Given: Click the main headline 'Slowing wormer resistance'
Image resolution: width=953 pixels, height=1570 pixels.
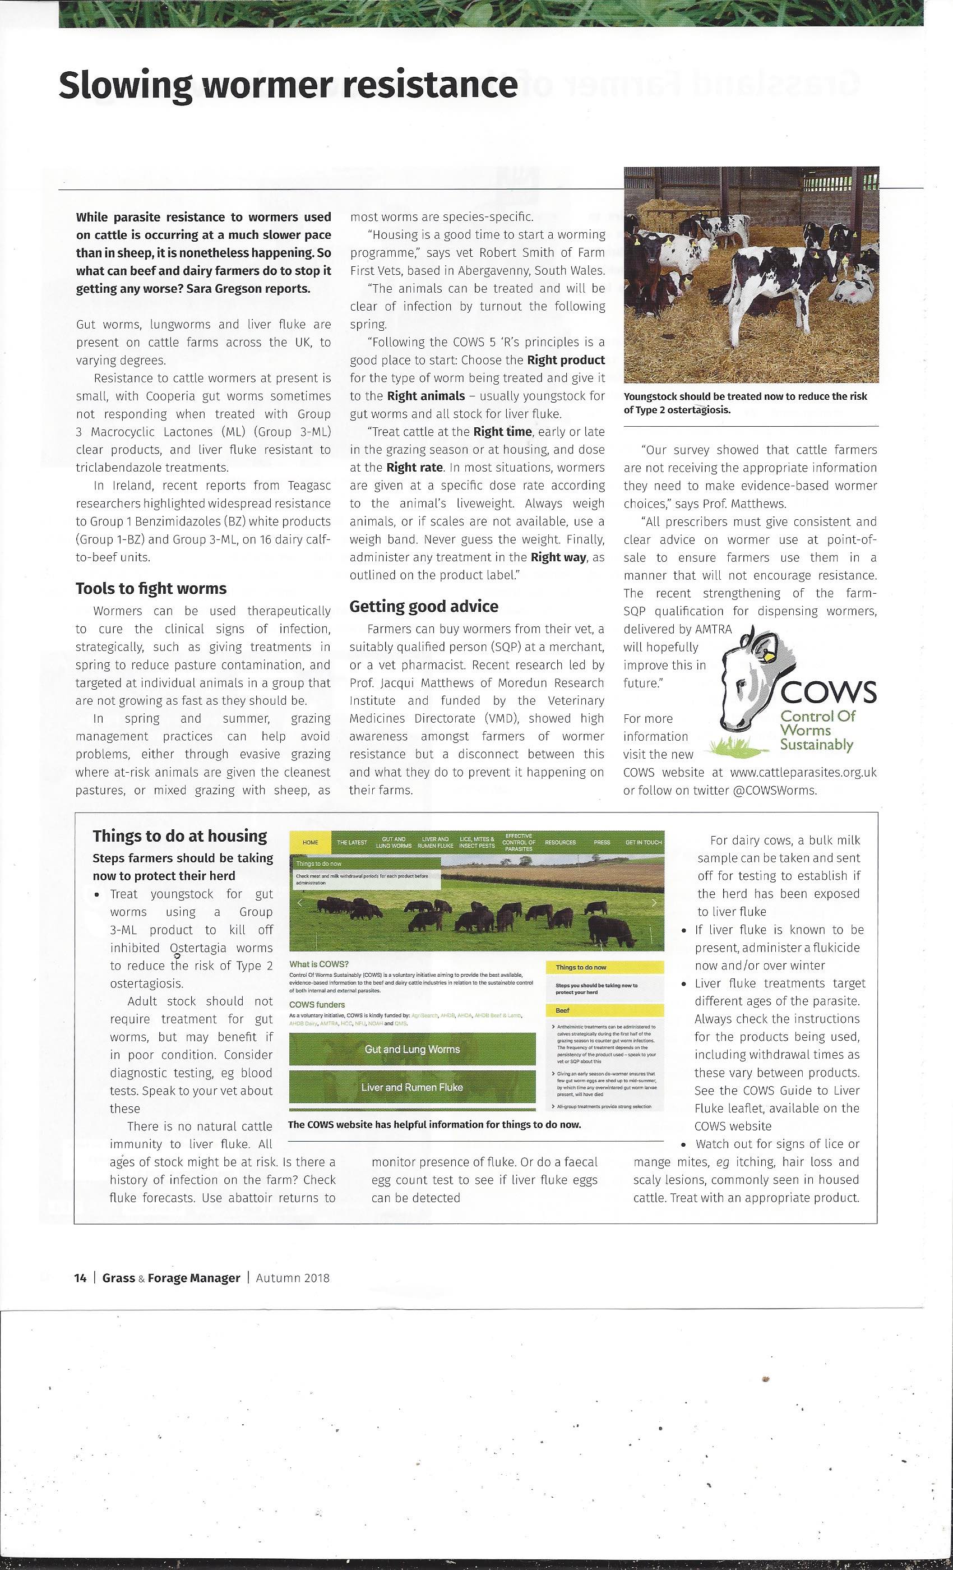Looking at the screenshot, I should (288, 85).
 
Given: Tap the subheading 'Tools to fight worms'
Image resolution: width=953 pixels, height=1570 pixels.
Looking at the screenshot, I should (151, 588).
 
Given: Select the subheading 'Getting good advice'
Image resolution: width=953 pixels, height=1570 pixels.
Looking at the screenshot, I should (424, 606).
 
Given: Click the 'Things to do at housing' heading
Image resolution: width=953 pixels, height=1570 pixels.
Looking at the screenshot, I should (179, 835).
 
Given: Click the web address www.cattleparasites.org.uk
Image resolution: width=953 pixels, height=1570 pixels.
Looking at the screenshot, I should (803, 772).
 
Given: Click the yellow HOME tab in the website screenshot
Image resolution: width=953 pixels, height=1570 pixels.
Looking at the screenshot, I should (310, 842).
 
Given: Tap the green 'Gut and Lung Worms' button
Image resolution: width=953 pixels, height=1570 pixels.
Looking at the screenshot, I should (412, 1049).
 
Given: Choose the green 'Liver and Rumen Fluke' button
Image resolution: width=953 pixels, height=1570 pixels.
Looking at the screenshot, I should (412, 1087).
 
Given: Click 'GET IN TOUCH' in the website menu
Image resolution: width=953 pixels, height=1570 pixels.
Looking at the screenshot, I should (644, 842).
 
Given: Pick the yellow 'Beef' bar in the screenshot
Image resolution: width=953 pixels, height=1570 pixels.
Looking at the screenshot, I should (604, 1010).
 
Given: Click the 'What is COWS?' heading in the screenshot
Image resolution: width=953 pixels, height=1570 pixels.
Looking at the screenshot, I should (319, 964).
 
